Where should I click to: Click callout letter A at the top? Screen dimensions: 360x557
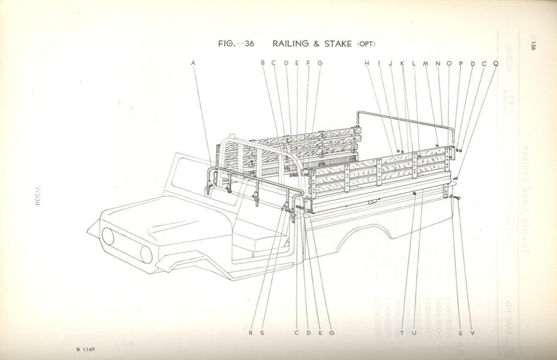pos(194,62)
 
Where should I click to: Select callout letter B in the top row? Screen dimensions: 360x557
pos(262,62)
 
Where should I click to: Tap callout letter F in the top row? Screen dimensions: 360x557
pos(309,62)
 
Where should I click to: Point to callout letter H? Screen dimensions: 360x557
pos(366,62)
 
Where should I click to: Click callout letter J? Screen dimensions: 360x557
pos(390,62)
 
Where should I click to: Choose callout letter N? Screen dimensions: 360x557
pos(438,62)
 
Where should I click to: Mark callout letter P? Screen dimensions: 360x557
pos(460,62)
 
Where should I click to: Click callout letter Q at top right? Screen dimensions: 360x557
pos(496,62)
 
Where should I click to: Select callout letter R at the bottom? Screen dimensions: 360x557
pos(250,332)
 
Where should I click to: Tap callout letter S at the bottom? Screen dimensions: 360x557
pos(262,332)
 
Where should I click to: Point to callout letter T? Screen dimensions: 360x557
pos(402,332)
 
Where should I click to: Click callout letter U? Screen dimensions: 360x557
pos(414,332)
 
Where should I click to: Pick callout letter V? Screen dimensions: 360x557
pos(472,332)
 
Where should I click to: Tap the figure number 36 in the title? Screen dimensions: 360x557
pos(250,44)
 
